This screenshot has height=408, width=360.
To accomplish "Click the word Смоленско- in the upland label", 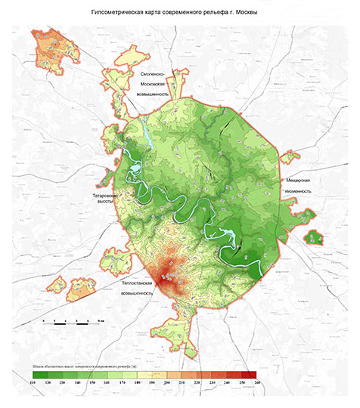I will coord(157,73).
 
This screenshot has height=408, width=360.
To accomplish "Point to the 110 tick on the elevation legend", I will coord(33,384).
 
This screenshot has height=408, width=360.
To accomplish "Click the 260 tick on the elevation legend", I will coord(257,384).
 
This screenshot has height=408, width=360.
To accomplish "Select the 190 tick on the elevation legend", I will coord(153,384).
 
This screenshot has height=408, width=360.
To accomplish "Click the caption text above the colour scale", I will coord(83,366).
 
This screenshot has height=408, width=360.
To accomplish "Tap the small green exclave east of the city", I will coord(313,237).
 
